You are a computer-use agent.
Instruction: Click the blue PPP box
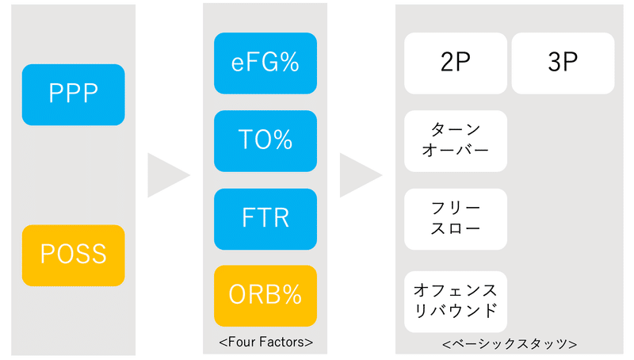[73, 94]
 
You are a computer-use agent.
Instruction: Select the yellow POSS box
[73, 255]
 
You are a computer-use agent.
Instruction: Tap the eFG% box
[265, 63]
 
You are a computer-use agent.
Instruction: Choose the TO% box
[265, 141]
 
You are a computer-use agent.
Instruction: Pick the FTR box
[265, 219]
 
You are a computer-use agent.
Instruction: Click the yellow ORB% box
[265, 296]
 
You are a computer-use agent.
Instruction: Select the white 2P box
[456, 63]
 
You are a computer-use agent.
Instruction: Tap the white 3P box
[563, 63]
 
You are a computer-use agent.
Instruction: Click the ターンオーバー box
[456, 141]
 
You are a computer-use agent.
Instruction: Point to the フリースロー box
[456, 219]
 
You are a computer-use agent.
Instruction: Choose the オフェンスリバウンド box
[456, 301]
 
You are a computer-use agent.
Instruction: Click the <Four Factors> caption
[265, 343]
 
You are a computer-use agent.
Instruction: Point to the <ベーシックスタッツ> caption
[510, 344]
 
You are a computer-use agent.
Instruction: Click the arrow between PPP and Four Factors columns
[166, 175]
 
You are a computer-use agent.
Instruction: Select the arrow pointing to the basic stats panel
[358, 175]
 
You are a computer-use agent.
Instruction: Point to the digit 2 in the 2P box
[448, 62]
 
